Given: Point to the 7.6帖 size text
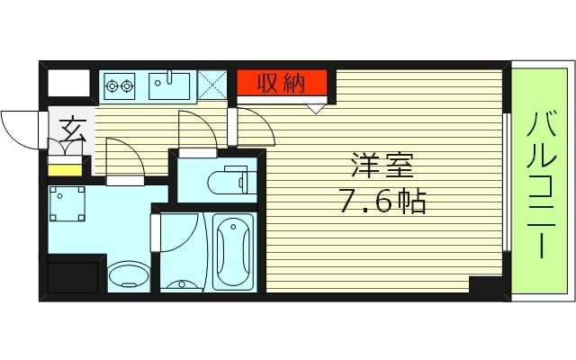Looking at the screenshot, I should click(x=382, y=201).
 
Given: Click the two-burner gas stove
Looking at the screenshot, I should click(x=119, y=86).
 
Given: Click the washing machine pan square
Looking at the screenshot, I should click(x=68, y=205).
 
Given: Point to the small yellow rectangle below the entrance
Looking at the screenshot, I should click(x=64, y=169).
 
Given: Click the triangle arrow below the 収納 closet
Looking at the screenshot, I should click(x=316, y=109).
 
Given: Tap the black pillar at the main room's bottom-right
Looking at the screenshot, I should click(x=487, y=286).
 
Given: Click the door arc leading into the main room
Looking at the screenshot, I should click(x=252, y=126).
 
